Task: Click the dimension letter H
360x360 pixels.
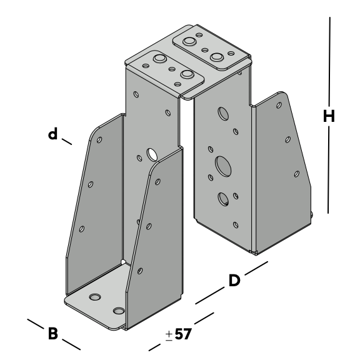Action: [x=329, y=116]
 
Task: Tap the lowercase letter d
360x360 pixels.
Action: [x=52, y=134]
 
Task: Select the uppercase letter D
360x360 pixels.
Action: [x=234, y=281]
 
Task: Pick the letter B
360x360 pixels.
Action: [x=52, y=333]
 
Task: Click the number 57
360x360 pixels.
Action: [x=182, y=334]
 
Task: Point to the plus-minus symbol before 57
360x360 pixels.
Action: [x=169, y=336]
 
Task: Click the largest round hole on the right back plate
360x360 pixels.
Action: [x=223, y=166]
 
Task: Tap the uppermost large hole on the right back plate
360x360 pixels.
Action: [x=223, y=113]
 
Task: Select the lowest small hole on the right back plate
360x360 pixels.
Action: [x=236, y=225]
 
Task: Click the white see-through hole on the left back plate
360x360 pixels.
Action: [x=152, y=154]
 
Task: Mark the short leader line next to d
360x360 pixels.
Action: [x=67, y=141]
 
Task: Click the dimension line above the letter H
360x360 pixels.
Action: [x=330, y=62]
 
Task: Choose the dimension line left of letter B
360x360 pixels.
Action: [x=35, y=324]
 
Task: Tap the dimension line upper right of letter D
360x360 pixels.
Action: [x=256, y=268]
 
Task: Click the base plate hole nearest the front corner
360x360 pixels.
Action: [x=119, y=311]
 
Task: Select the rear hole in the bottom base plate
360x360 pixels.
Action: [x=95, y=297]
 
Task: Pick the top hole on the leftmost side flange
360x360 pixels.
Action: [x=99, y=139]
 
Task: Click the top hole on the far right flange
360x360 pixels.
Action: [x=279, y=105]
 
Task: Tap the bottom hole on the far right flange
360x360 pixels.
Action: [x=297, y=174]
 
